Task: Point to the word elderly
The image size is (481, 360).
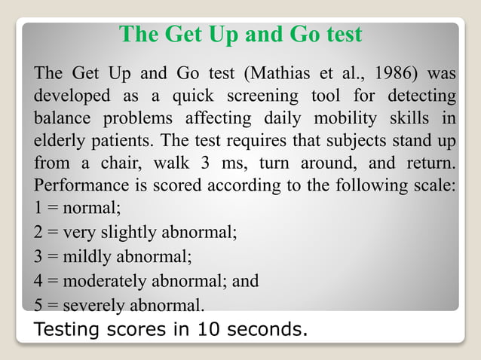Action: (63, 142)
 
